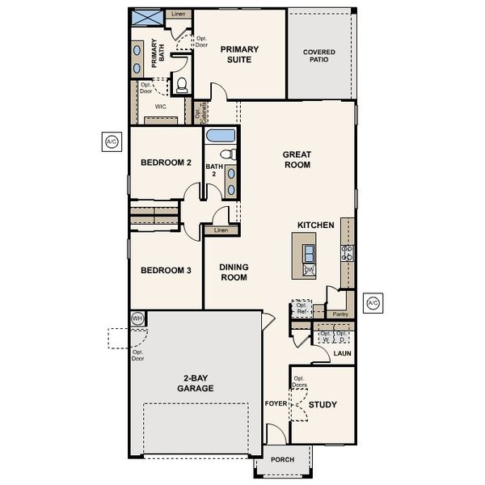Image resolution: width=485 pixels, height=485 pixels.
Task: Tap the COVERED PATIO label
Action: [x=319, y=57]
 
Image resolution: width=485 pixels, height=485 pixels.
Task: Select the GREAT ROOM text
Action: [x=297, y=159]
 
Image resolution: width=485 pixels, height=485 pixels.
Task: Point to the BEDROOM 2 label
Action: [x=166, y=162]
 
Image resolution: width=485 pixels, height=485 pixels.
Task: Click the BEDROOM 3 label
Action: [x=166, y=270]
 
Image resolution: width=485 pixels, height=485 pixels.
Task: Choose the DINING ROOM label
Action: [x=234, y=272]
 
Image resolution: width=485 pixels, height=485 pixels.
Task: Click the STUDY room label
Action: [x=323, y=404]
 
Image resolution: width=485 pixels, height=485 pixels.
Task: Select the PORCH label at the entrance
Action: [x=282, y=460]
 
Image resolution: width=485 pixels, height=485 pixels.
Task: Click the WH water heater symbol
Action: [x=137, y=318]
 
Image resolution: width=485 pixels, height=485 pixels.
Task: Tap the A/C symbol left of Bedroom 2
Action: [x=112, y=141]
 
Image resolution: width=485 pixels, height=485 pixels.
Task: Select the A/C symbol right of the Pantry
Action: [x=373, y=303]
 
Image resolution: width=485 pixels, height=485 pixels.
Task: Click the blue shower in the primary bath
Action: [x=146, y=18]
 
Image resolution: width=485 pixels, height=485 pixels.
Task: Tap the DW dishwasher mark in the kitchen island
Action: [x=309, y=270]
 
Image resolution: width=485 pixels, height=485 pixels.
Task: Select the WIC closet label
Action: [x=160, y=105]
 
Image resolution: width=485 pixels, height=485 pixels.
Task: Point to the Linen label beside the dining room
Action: [x=221, y=230]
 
